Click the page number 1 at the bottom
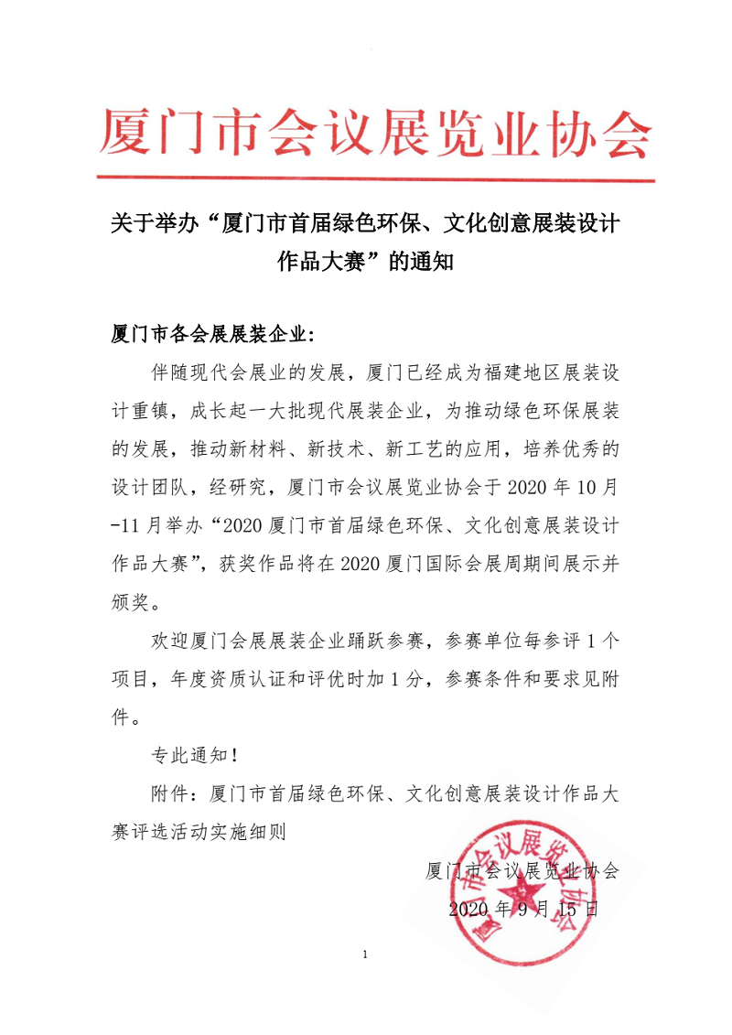pos(365,955)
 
